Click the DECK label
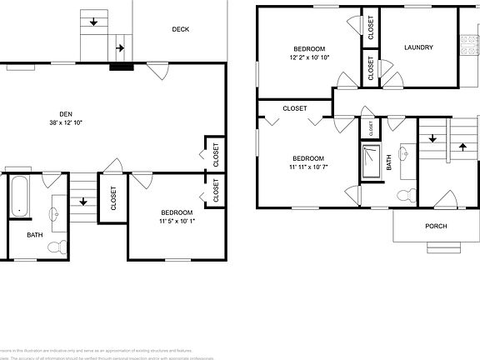click(x=181, y=29)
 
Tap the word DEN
click(x=65, y=113)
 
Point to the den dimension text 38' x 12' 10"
click(x=65, y=122)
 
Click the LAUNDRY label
click(x=418, y=47)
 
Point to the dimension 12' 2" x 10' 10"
click(x=309, y=57)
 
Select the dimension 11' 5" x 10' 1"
click(x=176, y=222)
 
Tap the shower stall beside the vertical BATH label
click(x=369, y=159)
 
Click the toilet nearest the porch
click(x=405, y=196)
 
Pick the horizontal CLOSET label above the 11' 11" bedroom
click(x=294, y=108)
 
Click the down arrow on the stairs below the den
click(x=83, y=201)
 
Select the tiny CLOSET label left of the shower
click(x=370, y=128)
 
